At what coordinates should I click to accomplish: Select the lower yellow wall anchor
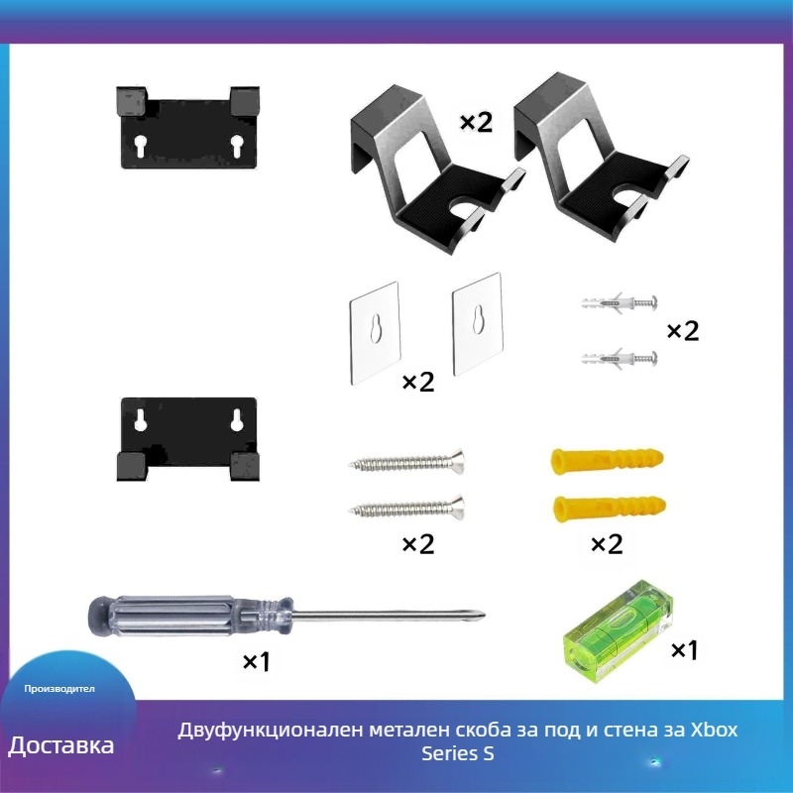605,510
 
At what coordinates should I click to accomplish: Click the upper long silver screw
406,462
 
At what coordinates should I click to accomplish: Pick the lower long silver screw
406,509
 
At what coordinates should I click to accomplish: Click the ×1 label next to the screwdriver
256,661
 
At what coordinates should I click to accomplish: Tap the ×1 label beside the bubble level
685,650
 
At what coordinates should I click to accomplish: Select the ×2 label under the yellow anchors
606,544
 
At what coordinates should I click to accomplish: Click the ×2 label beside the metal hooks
476,122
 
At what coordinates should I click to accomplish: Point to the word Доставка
61,745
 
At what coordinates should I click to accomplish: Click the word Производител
60,688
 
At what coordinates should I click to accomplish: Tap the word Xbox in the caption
714,731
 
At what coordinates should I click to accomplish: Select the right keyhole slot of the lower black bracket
237,419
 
